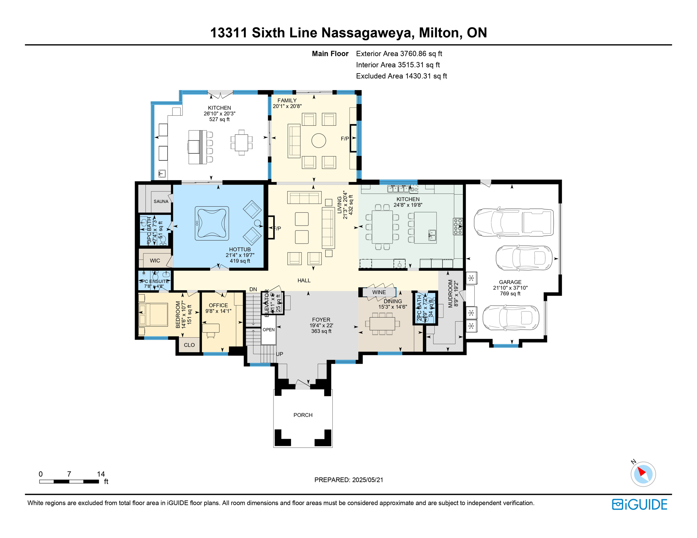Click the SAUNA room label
[x=161, y=201]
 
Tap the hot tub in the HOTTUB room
[x=212, y=223]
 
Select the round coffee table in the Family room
[x=319, y=140]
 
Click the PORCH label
[x=303, y=415]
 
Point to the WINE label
[x=379, y=292]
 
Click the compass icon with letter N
[x=643, y=474]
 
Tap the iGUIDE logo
[x=640, y=504]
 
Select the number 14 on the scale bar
[x=101, y=474]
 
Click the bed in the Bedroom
[x=153, y=315]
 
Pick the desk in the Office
[x=211, y=328]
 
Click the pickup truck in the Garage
[x=514, y=223]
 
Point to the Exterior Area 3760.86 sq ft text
[x=399, y=54]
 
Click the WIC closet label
[x=155, y=261]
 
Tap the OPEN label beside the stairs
[x=269, y=330]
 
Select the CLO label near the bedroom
[x=189, y=345]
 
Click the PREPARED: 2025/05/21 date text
[x=348, y=480]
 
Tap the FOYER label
[x=321, y=320]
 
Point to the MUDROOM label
[x=451, y=294]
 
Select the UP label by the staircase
[x=279, y=354]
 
